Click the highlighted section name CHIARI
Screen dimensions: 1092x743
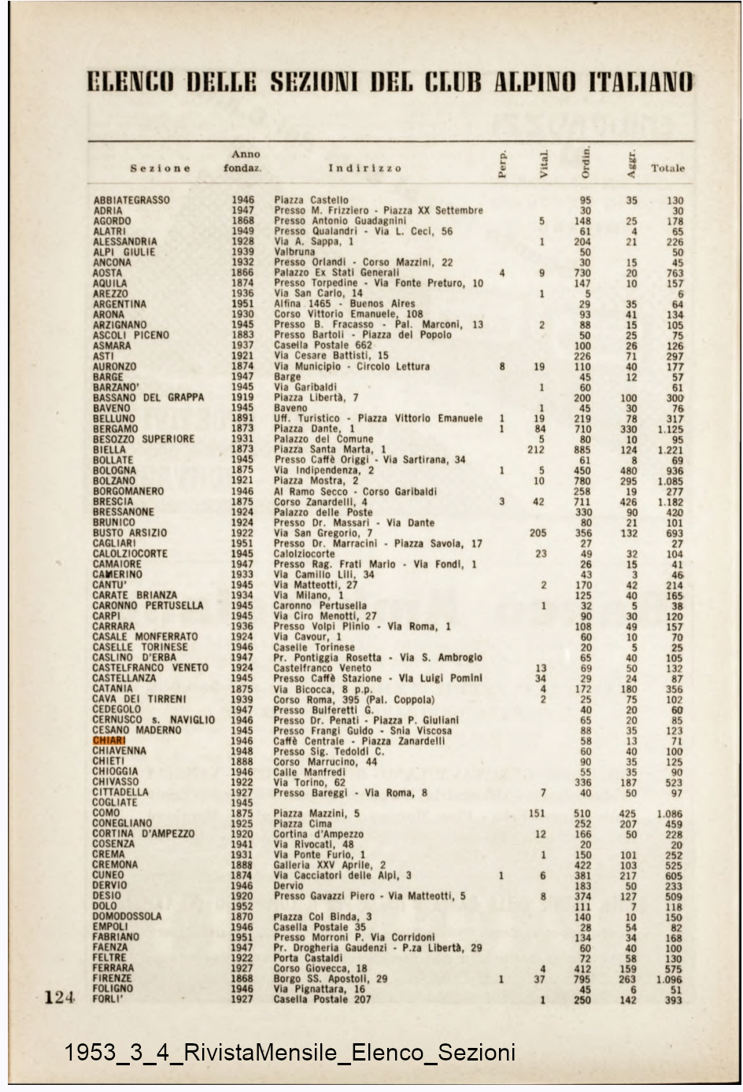click(x=109, y=740)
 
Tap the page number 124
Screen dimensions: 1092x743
click(x=59, y=998)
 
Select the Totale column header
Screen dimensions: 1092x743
click(x=667, y=168)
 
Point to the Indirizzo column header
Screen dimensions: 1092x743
click(x=364, y=168)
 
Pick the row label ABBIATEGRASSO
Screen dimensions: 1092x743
click(x=131, y=201)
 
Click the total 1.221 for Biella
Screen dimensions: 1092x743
click(x=671, y=450)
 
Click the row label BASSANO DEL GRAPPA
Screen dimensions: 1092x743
click(x=148, y=398)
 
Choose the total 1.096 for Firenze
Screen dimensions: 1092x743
click(x=671, y=979)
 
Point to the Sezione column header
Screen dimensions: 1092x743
click(x=161, y=168)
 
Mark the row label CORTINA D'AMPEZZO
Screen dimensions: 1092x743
click(x=143, y=834)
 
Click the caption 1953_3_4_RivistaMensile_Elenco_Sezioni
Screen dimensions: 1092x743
click(x=290, y=1052)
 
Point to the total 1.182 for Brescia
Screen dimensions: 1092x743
click(x=671, y=502)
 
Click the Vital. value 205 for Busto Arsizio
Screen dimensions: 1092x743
click(x=538, y=533)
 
